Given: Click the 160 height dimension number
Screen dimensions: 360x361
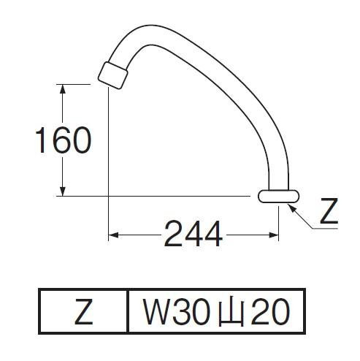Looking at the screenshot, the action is [64, 140].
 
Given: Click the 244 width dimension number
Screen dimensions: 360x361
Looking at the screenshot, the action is [194, 234].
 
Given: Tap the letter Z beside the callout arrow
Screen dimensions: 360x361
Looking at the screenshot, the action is [329, 211].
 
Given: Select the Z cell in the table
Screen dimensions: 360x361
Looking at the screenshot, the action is [83, 311].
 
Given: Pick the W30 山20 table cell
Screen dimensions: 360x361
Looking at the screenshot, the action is [216, 311].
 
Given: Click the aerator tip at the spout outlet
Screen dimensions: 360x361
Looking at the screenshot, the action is [113, 75].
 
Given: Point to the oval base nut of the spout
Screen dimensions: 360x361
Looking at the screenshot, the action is [279, 197].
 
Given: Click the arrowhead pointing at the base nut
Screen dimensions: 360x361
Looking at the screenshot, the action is [292, 209].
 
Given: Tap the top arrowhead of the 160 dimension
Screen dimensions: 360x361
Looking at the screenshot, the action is [63, 89].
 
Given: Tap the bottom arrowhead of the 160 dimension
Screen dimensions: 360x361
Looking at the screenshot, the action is [63, 191].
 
